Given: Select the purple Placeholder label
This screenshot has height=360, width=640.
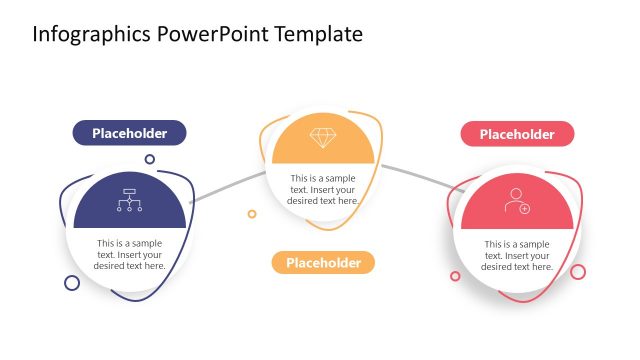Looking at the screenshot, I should coord(129,133).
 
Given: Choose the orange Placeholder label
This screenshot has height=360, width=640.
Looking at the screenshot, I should coord(322,263).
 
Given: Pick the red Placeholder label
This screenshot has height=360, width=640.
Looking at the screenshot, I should coord(516,134).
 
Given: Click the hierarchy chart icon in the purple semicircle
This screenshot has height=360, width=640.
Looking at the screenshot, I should coord(129,200).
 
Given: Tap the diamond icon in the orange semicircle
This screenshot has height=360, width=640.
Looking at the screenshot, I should coord(323,138).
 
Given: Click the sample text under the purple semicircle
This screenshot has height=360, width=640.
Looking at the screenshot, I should coord(130,254).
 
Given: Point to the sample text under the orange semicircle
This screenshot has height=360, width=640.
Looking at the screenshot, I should coord(323,189).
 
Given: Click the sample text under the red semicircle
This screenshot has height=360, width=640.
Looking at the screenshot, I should coord(516,255).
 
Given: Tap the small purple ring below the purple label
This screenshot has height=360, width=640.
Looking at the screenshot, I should coord(150,159).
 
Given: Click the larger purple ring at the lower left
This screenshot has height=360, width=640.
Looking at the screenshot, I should coord(72,283).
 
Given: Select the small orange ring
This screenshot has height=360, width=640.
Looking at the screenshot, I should coord(252,213).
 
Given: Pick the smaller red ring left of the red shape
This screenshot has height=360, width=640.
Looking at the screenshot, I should coord(455,276).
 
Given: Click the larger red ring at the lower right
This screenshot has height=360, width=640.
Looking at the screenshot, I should coord(578,271).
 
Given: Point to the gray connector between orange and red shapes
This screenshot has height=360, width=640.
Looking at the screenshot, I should coord(415,174).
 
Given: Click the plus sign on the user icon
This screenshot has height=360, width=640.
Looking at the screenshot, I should coord(524,208).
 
